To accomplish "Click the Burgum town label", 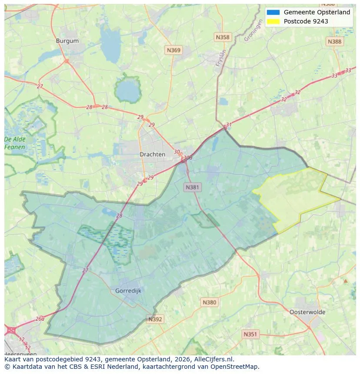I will [x=67, y=41].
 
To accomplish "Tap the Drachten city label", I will [x=152, y=154].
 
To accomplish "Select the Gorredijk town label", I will [x=128, y=291].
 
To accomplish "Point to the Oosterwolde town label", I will [x=307, y=312].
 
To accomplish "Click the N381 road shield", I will [x=192, y=187].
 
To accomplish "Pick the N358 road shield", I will [x=222, y=37].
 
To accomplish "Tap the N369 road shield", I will [x=173, y=50].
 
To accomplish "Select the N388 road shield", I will [x=334, y=41].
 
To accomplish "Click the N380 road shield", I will [x=209, y=302].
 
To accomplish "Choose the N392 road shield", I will [x=155, y=319].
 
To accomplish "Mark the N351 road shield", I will [x=250, y=334].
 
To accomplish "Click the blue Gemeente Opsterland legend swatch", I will [x=273, y=12].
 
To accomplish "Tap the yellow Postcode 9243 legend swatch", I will [x=273, y=21].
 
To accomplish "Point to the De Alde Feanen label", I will [x=15, y=143].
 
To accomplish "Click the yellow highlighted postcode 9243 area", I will [x=296, y=198].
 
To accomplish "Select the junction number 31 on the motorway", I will [x=229, y=125].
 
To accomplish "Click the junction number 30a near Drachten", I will [x=188, y=158].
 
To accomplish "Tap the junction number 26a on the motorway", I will [x=40, y=318].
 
